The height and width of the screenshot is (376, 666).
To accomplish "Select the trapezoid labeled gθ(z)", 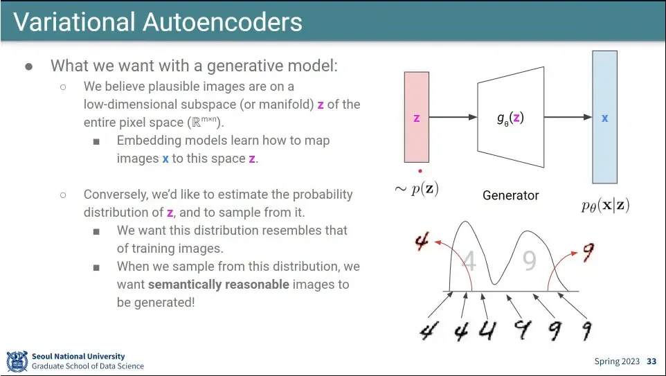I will click(510, 118).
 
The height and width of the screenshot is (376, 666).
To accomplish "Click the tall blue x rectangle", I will click(604, 117).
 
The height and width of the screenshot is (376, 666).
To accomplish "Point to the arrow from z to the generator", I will click(453, 118).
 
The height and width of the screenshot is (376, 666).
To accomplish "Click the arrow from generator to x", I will click(568, 118).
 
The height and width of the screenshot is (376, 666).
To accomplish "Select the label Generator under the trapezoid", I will click(510, 196).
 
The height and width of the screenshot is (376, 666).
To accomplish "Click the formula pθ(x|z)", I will click(605, 205).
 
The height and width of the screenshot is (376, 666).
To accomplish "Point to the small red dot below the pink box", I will click(420, 170).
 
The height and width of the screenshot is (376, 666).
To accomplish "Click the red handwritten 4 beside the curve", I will click(422, 242).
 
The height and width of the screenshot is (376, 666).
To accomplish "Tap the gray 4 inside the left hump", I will click(469, 262).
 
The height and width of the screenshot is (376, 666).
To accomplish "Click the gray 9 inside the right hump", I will click(529, 260).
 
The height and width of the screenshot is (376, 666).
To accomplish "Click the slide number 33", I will click(651, 361).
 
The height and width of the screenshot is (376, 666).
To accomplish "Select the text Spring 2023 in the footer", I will click(617, 361).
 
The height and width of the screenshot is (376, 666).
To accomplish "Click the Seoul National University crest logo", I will click(17, 361).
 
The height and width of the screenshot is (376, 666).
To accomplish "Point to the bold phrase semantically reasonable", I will click(218, 285).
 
